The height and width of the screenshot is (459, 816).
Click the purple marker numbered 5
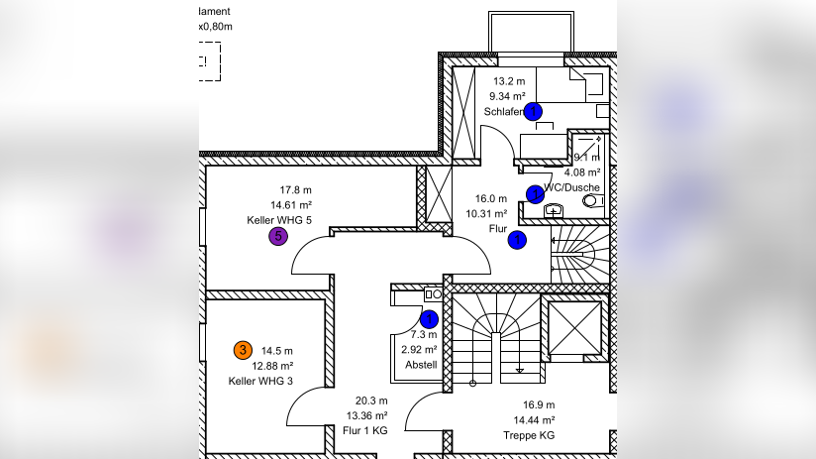(x=278, y=236)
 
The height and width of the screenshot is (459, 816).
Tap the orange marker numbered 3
(x=242, y=350)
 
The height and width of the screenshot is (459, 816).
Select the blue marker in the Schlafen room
(x=534, y=112)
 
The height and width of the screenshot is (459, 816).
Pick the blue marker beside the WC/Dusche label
(x=535, y=193)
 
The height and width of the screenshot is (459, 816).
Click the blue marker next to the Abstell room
(x=429, y=319)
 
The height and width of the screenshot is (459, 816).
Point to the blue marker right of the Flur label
(x=517, y=239)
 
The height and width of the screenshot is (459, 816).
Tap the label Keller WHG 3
(x=261, y=381)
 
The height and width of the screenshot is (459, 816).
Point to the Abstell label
(x=421, y=365)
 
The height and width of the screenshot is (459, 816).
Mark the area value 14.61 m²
(x=295, y=204)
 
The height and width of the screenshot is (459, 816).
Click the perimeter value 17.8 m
(x=295, y=189)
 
